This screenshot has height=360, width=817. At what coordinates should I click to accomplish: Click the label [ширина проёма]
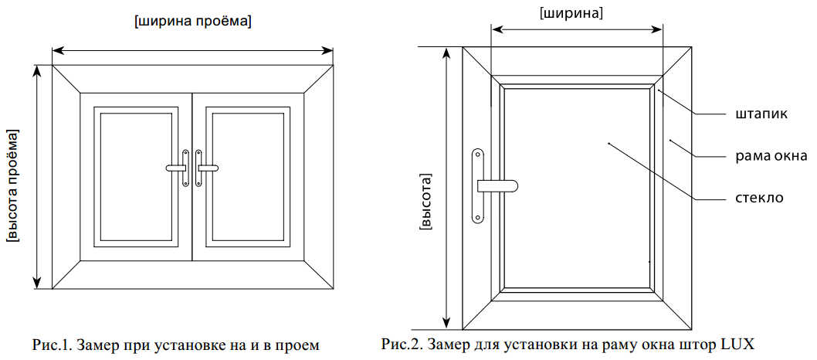(x=193, y=23)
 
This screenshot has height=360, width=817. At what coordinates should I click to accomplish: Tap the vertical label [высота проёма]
(x=12, y=185)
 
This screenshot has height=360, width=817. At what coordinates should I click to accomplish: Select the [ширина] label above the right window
(x=572, y=14)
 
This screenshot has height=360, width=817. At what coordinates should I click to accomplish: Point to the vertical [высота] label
(x=425, y=202)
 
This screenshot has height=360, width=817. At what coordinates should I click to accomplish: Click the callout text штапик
(x=757, y=114)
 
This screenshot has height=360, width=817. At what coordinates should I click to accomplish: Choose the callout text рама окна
(x=768, y=155)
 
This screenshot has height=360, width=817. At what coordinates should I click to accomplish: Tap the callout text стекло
(x=756, y=198)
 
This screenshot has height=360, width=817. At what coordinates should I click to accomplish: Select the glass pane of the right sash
(x=248, y=176)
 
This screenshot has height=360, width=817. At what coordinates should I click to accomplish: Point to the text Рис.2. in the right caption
(x=399, y=345)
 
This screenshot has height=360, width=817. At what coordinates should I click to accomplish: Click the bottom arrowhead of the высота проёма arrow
(x=36, y=283)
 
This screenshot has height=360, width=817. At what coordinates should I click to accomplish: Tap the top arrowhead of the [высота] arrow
(x=447, y=53)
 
